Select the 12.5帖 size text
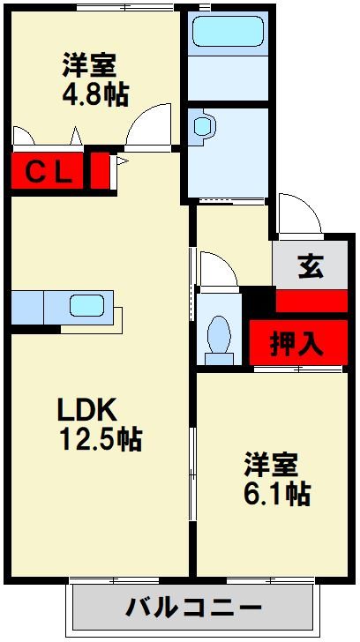pos(101,438)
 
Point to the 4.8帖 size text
pos(94,93)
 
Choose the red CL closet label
pos(48,170)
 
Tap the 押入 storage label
pos(296,343)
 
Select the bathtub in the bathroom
pos(229,34)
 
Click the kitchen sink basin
pos(88,306)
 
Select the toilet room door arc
pos(217,269)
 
